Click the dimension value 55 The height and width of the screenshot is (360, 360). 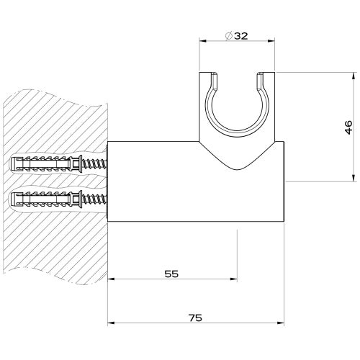(171, 274)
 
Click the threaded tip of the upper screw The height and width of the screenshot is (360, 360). (101, 164)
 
